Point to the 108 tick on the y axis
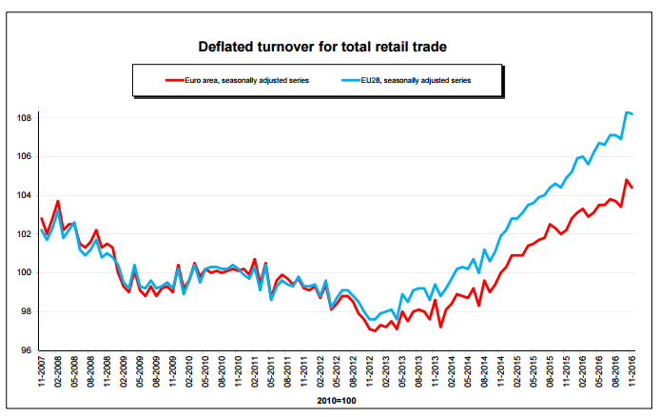click(25, 118)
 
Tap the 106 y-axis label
click(25, 156)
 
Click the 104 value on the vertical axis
click(25, 195)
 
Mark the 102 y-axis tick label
click(25, 234)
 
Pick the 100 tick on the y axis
click(25, 273)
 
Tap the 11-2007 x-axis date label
click(42, 370)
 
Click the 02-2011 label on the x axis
click(254, 370)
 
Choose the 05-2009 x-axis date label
click(141, 370)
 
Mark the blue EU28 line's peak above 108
click(627, 112)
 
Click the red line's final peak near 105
click(627, 179)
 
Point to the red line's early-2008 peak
click(58, 201)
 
